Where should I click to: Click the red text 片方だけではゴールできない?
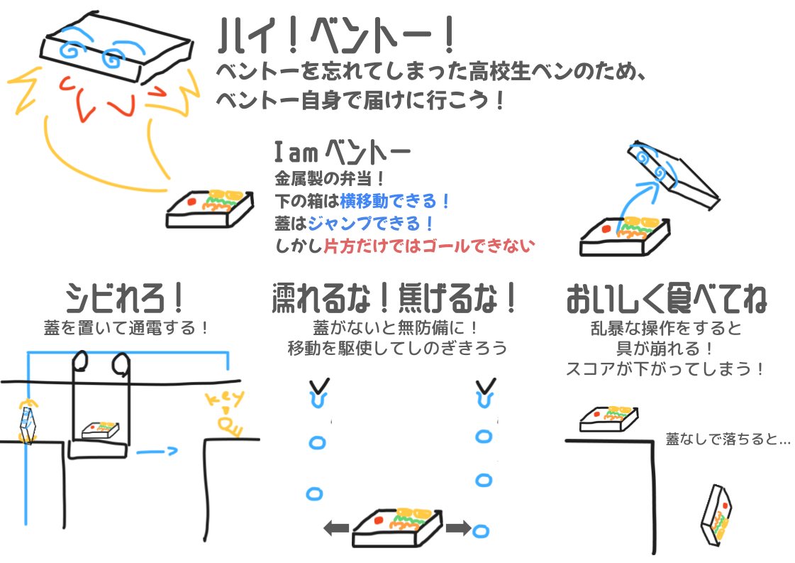tap(429, 246)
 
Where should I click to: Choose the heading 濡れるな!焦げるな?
tap(396, 300)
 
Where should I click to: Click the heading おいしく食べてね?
tap(666, 300)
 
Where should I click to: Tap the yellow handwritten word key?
tap(226, 399)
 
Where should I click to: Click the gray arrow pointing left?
tap(336, 528)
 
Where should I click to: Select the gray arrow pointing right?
tap(458, 528)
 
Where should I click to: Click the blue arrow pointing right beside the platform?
tap(156, 450)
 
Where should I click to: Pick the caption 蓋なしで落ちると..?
tap(728, 439)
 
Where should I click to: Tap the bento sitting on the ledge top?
tap(608, 418)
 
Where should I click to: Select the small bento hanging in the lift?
tap(100, 430)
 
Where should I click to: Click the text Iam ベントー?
tap(341, 152)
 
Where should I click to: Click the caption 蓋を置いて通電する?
tap(126, 329)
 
